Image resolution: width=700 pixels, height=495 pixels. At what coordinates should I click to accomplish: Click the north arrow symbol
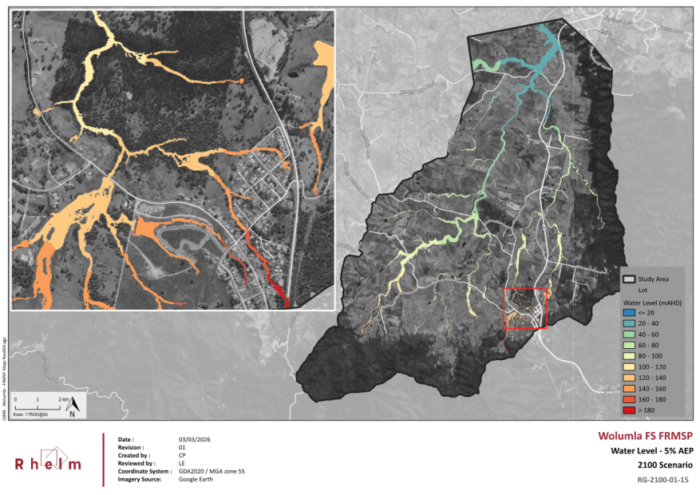point(73,407)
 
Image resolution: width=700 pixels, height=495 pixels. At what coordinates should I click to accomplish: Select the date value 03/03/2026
point(195,440)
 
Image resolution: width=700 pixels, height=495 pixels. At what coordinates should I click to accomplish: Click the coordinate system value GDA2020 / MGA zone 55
point(212,471)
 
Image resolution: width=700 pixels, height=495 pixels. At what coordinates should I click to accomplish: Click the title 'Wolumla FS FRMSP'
point(646,437)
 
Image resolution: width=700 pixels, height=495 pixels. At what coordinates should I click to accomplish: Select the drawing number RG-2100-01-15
point(663,480)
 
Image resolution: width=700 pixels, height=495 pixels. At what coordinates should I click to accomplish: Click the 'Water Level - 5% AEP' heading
point(651,451)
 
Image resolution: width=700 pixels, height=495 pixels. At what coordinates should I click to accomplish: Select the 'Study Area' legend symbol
point(630,279)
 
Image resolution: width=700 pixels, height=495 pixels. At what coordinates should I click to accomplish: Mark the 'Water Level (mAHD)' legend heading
point(651,303)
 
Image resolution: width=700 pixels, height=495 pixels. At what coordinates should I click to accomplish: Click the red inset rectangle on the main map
point(525,308)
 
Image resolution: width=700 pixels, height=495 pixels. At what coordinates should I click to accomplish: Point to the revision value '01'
point(182,448)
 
